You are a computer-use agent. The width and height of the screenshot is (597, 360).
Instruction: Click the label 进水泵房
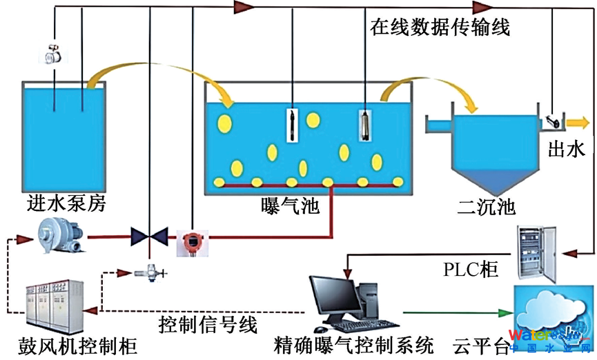tap(67, 204)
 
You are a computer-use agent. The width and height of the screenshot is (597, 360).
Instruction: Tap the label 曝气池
tap(291, 205)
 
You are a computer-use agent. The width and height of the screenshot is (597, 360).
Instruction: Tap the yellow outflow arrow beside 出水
tap(576, 123)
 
